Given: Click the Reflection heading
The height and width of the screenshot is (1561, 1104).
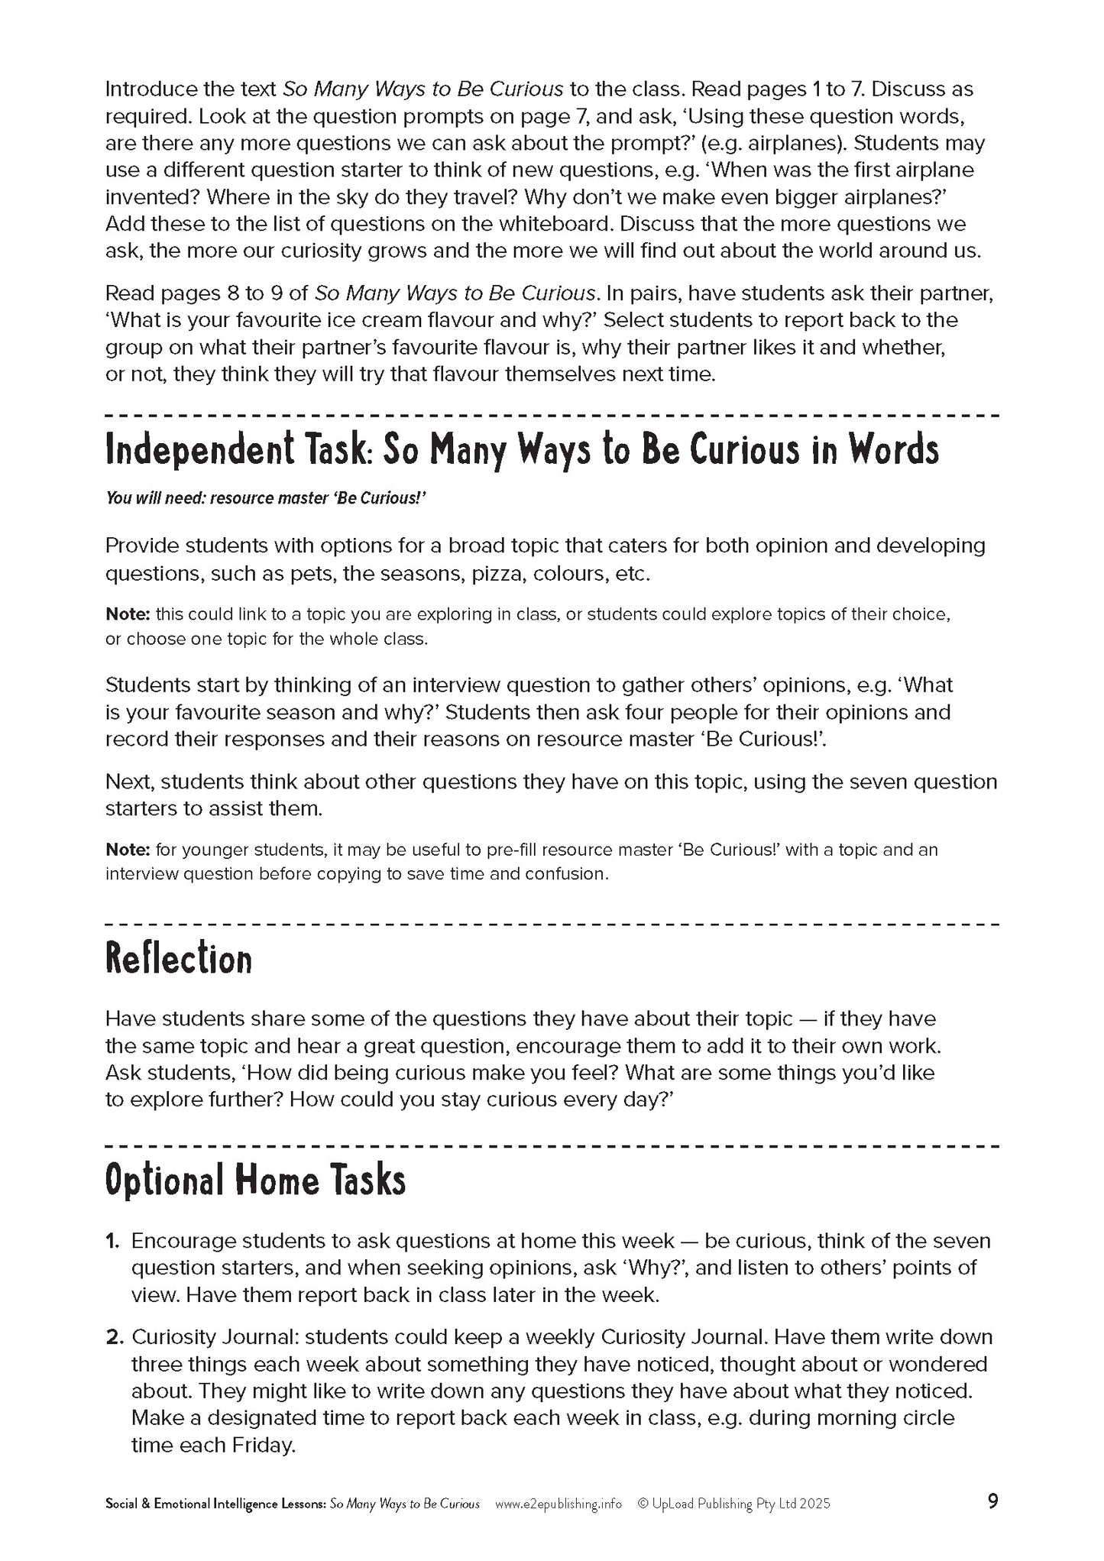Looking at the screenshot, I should click(x=178, y=960).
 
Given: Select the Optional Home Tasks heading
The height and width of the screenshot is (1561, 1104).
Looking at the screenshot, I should click(x=255, y=1180).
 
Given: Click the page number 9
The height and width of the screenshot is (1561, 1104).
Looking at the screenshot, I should click(x=992, y=1502).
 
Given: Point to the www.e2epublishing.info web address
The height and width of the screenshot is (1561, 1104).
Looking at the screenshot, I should click(x=558, y=1504).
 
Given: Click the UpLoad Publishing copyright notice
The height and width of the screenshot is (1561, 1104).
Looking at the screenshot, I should click(x=733, y=1504).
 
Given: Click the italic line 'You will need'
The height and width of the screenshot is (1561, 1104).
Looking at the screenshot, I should click(x=265, y=498).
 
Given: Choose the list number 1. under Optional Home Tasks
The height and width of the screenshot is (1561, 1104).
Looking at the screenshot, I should click(x=113, y=1241).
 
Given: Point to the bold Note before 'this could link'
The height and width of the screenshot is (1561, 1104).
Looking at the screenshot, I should click(x=128, y=614).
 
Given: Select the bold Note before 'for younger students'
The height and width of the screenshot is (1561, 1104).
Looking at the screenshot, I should click(x=128, y=850).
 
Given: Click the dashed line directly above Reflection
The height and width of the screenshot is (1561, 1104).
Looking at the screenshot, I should click(x=552, y=925).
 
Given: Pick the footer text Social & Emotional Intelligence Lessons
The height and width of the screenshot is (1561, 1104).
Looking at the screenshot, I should click(x=215, y=1504).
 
